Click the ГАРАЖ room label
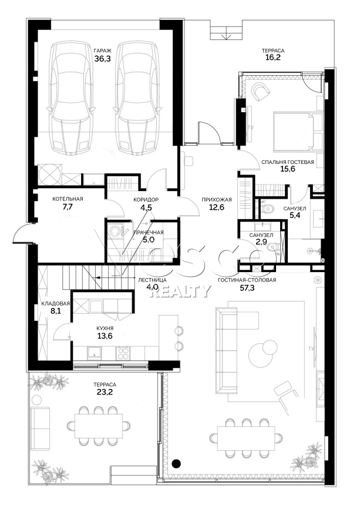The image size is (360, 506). [x=102, y=51]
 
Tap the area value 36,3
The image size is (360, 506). [x=102, y=59]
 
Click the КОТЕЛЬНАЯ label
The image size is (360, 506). [x=68, y=199]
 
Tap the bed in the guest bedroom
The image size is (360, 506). [x=297, y=131]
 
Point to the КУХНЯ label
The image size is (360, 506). [x=105, y=328]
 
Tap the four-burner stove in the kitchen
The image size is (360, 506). [x=123, y=353]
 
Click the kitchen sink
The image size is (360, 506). [x=94, y=353]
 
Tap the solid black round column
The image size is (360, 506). [x=176, y=464]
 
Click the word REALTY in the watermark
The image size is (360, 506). [x=180, y=291]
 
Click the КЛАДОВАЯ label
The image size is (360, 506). [x=55, y=304]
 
